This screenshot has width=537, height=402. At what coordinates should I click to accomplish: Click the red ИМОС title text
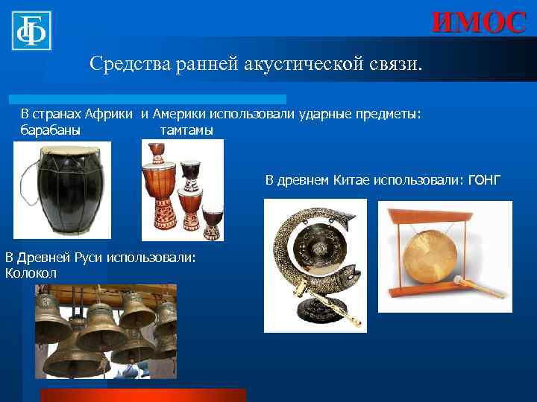(478, 22)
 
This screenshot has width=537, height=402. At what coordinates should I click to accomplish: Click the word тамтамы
(186, 130)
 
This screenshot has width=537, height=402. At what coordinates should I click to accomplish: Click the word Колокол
(31, 273)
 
